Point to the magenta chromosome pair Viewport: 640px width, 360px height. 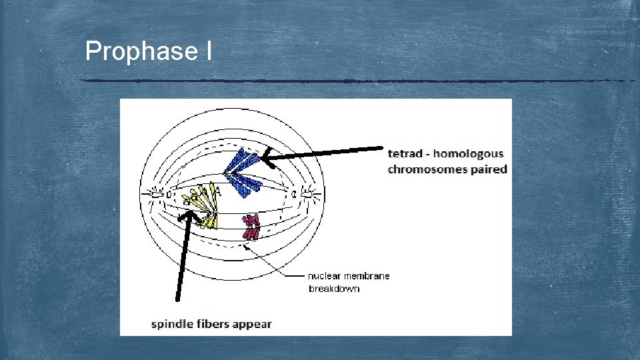tap(251, 227)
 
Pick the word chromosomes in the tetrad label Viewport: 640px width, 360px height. tap(427, 169)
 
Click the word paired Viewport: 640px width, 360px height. tap(488, 169)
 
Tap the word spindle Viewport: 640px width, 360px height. tap(171, 325)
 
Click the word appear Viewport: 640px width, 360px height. tap(253, 325)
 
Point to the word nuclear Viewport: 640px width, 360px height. tap(324, 276)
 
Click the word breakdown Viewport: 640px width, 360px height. tap(334, 289)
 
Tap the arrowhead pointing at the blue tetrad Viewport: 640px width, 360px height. tap(266, 159)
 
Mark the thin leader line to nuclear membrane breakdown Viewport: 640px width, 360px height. tap(273, 263)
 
